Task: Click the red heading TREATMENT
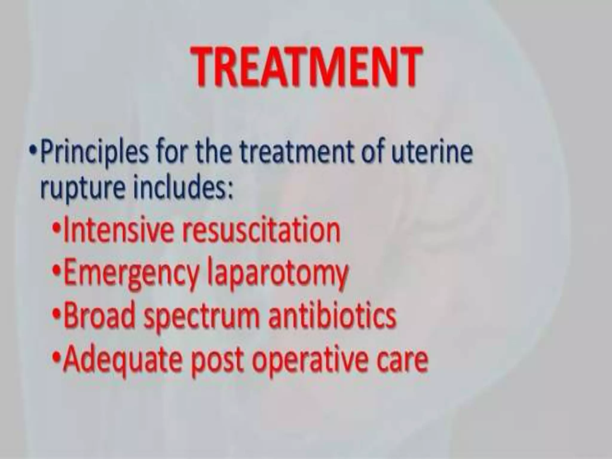coord(306,66)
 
